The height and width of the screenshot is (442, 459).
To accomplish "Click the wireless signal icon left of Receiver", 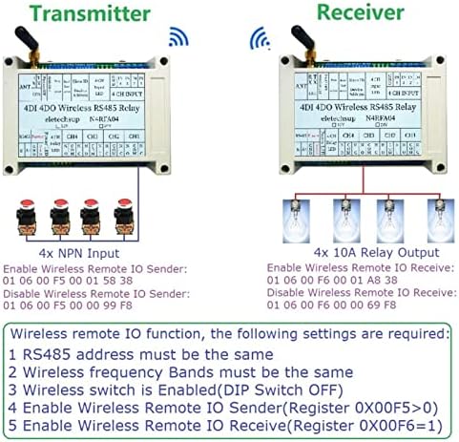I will pyautogui.click(x=260, y=38).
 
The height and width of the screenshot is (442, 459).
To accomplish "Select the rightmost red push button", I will pyautogui.click(x=123, y=212).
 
